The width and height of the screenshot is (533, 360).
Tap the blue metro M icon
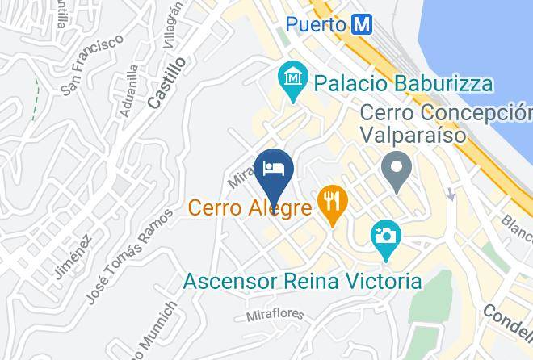361,24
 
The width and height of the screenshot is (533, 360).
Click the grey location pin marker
397,173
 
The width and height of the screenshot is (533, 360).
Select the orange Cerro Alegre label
250,208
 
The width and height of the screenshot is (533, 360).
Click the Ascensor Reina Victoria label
302,282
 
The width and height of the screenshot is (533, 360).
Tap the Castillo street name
167,82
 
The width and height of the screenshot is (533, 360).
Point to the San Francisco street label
95,65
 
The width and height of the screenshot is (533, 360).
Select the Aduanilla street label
128,90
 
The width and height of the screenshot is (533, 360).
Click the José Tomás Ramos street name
129,255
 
